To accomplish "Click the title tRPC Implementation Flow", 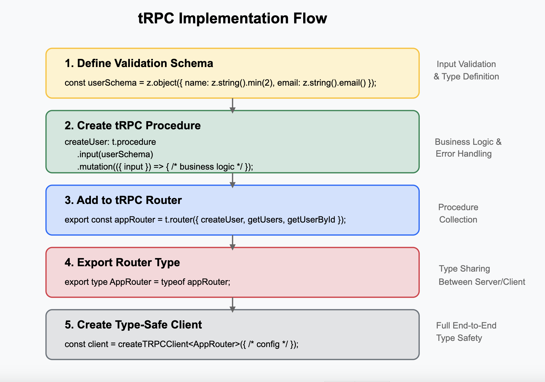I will click(x=233, y=19).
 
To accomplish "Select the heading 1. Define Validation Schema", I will click(x=139, y=63).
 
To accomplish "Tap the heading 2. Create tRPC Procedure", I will click(x=133, y=126).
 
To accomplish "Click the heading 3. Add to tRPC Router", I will click(x=123, y=200).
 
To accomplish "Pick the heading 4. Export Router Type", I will click(x=122, y=263).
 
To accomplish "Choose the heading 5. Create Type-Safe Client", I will click(x=133, y=325).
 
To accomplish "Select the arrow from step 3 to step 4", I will click(x=233, y=242).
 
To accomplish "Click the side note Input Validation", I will click(x=466, y=64).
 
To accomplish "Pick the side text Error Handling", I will click(x=463, y=154).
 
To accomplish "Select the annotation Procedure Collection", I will click(x=458, y=214).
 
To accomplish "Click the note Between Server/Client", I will click(x=482, y=282).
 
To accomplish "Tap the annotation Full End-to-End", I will click(x=466, y=326).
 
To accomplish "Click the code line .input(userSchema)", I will click(x=115, y=154).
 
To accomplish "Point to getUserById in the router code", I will click(x=311, y=220).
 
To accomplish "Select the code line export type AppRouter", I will click(x=147, y=282).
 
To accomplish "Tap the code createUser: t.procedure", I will click(x=110, y=142).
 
